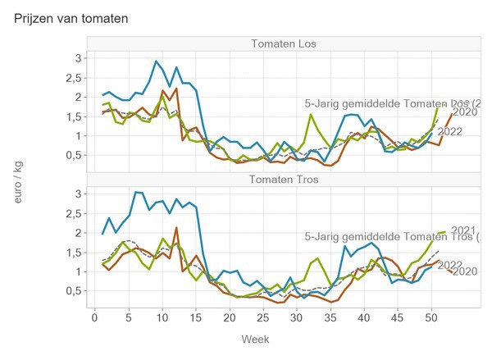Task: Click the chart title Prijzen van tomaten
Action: pos(71,17)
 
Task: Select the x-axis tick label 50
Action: pos(431,317)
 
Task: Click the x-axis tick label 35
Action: pos(330,317)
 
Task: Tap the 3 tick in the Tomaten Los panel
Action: pos(78,58)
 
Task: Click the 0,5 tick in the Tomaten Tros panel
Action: pos(74,291)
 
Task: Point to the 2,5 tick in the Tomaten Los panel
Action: pos(74,78)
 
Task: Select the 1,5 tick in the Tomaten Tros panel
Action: pos(74,253)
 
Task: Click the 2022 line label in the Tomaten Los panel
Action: pos(451,131)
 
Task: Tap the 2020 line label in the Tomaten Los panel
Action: pos(466,112)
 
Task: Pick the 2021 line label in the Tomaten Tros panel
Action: pos(464,230)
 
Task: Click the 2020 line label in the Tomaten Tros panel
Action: pos(465,271)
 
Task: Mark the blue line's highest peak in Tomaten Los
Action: pos(156,62)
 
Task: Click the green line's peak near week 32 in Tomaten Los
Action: pos(311,115)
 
